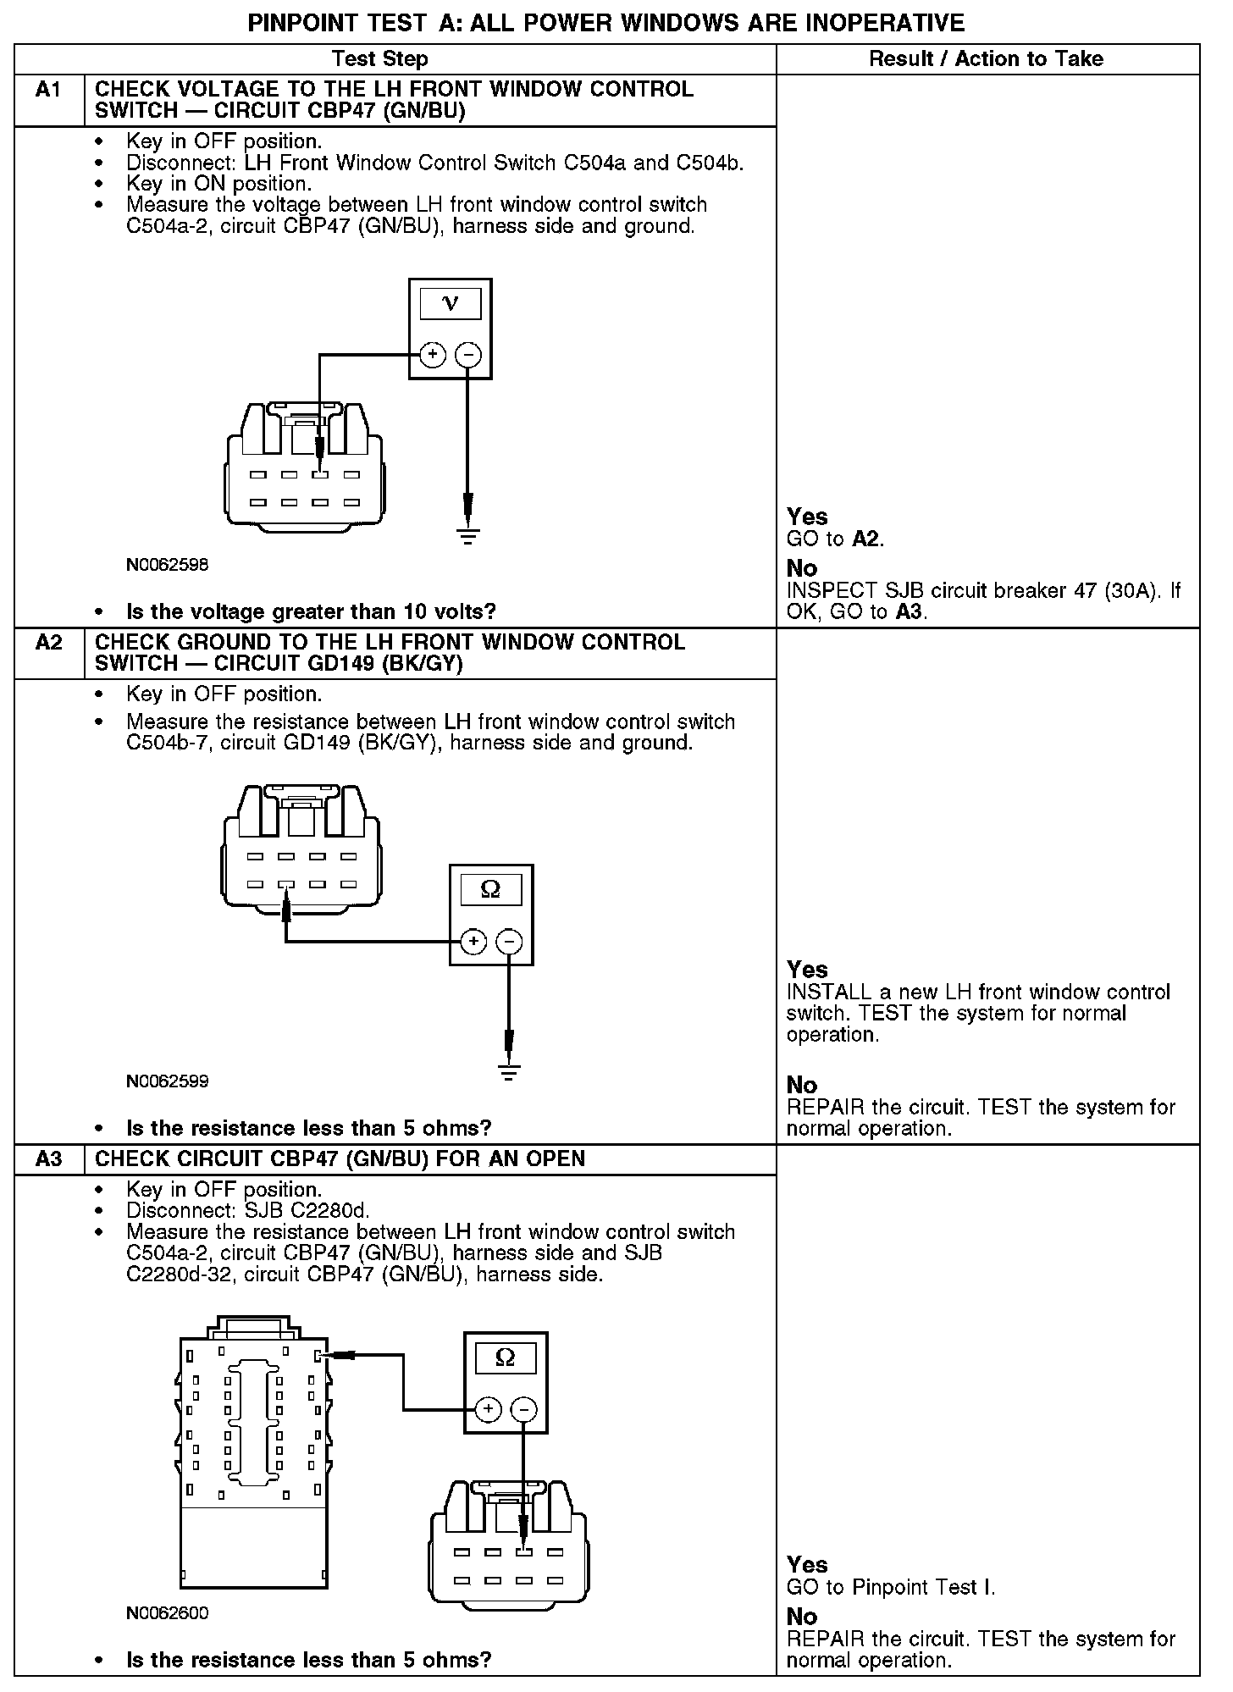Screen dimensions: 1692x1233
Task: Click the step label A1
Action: point(48,90)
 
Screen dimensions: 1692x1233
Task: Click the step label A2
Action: point(49,643)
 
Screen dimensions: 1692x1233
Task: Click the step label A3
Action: point(49,1159)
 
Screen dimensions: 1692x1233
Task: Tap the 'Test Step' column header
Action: point(379,59)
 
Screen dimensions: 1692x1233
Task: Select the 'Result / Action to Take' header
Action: point(987,59)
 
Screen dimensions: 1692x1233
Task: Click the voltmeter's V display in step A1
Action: point(450,304)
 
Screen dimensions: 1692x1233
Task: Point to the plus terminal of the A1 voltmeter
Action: point(433,354)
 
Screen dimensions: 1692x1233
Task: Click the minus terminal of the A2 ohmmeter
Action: point(509,941)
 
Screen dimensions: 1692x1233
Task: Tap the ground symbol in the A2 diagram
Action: point(509,1072)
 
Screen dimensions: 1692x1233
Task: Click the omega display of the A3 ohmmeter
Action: point(505,1359)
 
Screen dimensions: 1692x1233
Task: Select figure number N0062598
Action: point(167,565)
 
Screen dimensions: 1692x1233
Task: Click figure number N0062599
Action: point(167,1081)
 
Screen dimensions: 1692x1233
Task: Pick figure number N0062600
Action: point(167,1613)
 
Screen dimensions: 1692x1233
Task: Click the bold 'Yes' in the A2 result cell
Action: point(807,970)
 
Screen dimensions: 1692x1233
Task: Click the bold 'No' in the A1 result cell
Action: point(802,568)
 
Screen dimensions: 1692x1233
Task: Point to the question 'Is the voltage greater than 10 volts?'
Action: point(311,611)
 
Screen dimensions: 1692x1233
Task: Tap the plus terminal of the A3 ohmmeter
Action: point(489,1409)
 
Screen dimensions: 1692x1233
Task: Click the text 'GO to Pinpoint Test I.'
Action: point(891,1587)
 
